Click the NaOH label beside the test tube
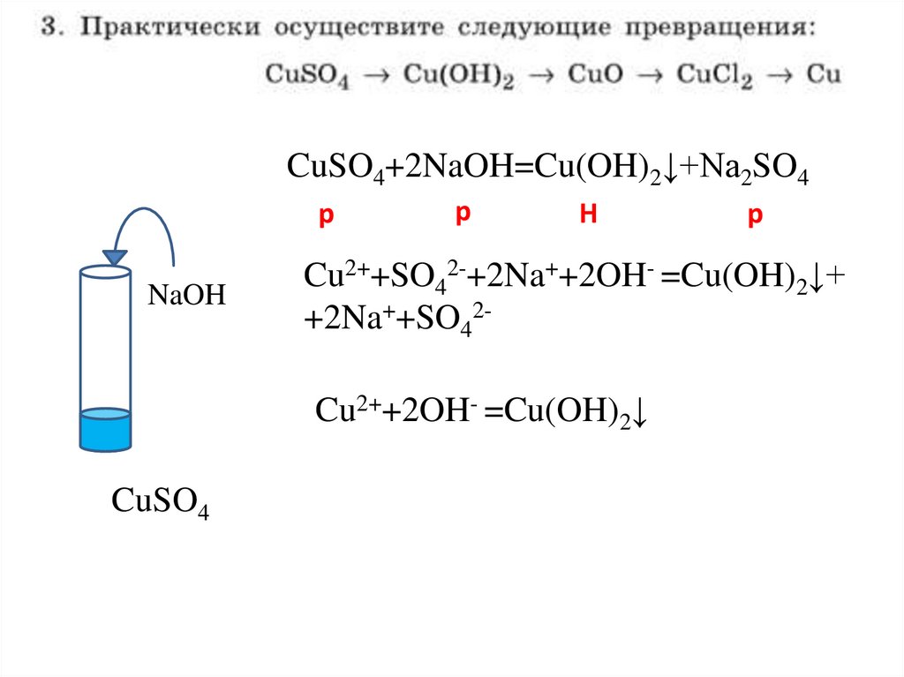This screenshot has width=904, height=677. click(x=186, y=296)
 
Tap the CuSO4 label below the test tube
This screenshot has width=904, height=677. click(x=160, y=502)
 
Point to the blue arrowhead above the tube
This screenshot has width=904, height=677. click(x=115, y=257)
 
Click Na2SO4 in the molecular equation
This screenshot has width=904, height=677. click(x=756, y=169)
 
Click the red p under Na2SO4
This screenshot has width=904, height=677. click(x=754, y=217)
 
